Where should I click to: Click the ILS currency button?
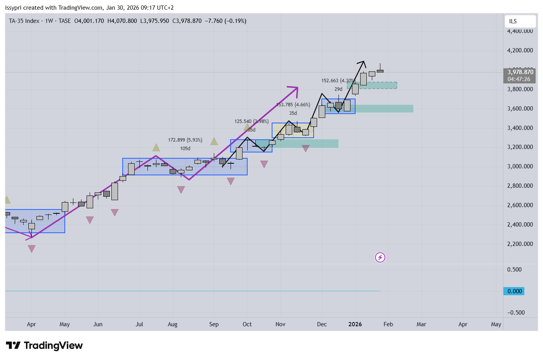click(513, 21)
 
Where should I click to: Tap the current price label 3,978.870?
click(520, 72)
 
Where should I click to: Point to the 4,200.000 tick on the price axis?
click(520, 50)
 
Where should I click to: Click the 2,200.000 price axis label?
click(520, 244)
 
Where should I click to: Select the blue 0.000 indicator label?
click(514, 291)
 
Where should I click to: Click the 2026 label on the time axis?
click(355, 324)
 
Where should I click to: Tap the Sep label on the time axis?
click(214, 324)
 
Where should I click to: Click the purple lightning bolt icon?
click(380, 257)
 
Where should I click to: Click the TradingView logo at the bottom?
click(44, 346)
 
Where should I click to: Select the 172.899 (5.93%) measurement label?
click(185, 140)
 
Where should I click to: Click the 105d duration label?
click(185, 149)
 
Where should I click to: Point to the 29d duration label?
click(338, 89)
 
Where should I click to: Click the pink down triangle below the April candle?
click(32, 249)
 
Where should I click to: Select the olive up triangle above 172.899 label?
click(156, 147)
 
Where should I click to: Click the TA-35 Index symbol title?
click(24, 21)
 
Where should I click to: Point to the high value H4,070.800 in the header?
click(122, 21)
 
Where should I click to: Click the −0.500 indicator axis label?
click(515, 313)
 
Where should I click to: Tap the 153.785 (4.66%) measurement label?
click(293, 105)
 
